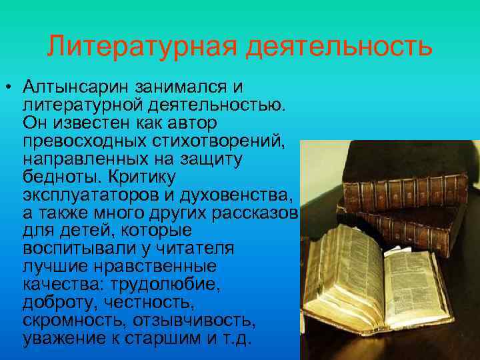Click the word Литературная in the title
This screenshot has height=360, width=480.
(143, 47)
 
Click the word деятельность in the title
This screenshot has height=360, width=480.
(339, 47)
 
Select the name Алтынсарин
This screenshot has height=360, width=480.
(76, 87)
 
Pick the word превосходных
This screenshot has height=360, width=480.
(79, 141)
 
